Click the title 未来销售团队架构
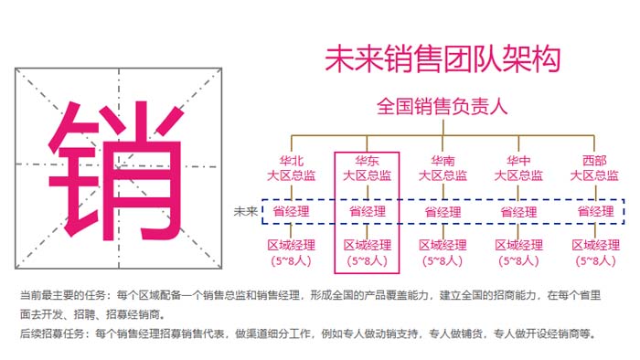[x=442, y=58]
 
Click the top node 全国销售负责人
[x=442, y=107]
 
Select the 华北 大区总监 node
[x=291, y=169]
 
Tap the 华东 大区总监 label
[x=367, y=169]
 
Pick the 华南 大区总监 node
[x=443, y=169]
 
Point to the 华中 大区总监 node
[x=518, y=169]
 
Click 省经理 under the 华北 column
[x=291, y=212]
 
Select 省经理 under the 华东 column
[x=367, y=212]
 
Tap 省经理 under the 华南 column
[x=443, y=212]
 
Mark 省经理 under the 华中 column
[x=518, y=212]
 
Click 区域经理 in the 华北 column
[x=291, y=245]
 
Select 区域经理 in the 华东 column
[x=367, y=245]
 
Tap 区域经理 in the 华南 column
[x=443, y=245]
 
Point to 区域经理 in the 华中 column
[x=518, y=245]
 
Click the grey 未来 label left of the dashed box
[x=246, y=212]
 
